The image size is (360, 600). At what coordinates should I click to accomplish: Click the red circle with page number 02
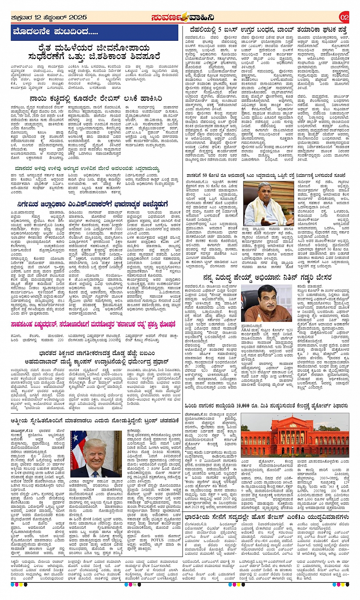click(x=344, y=17)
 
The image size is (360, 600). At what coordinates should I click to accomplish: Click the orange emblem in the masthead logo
click(x=184, y=17)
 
